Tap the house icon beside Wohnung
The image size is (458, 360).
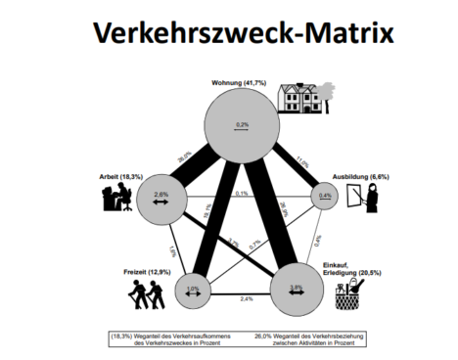click(301, 97)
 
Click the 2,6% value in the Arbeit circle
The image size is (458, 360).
click(163, 195)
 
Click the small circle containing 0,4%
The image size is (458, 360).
click(323, 197)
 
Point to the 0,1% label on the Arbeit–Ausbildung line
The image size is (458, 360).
click(241, 193)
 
